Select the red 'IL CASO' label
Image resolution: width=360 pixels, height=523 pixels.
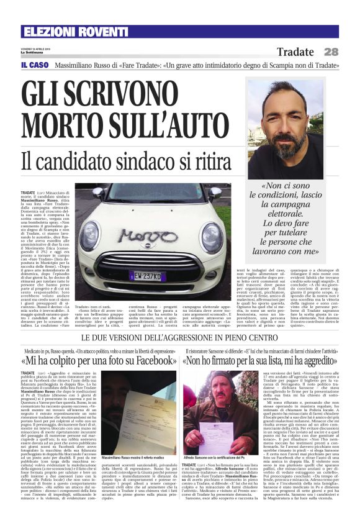pos(33,65)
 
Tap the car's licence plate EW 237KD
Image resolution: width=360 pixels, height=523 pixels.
pos(147,275)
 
